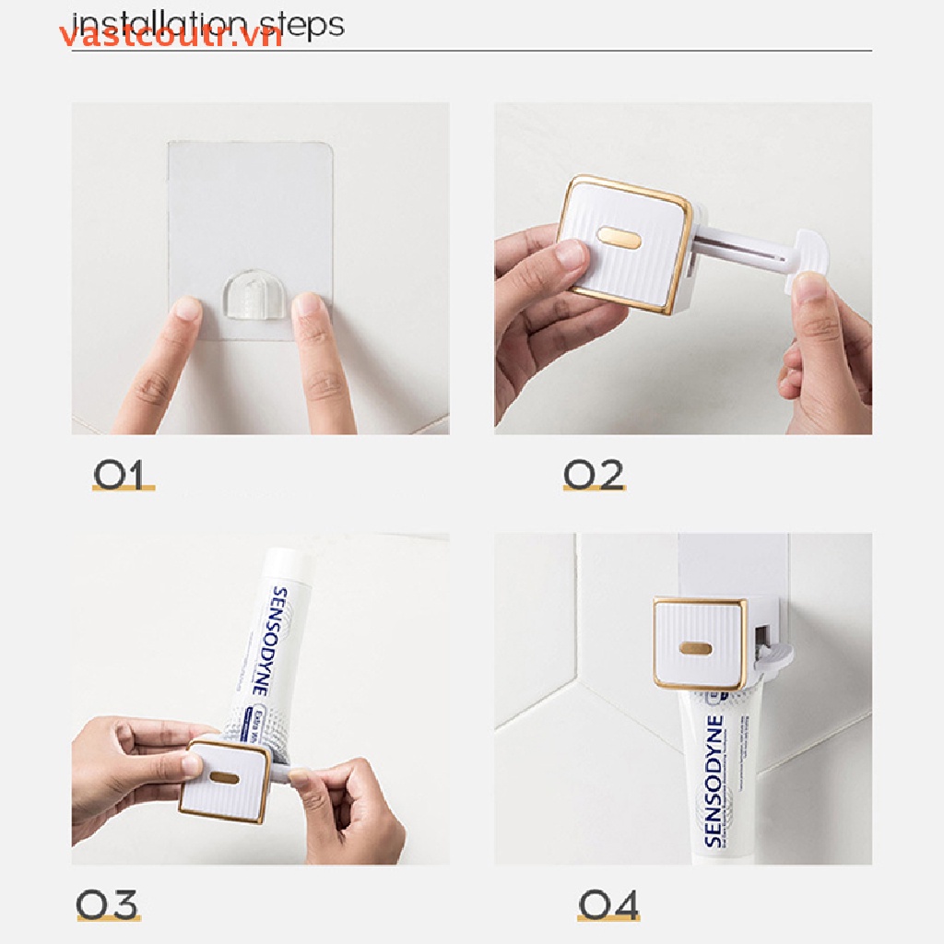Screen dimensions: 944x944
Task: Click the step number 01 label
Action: (x=122, y=475)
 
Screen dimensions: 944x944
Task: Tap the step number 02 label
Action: (x=594, y=475)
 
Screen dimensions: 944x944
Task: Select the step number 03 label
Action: (x=108, y=905)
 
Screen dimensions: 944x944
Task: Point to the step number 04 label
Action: (x=608, y=905)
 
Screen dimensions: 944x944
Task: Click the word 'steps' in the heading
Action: (x=301, y=23)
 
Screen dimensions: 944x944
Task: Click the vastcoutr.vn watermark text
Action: (x=171, y=36)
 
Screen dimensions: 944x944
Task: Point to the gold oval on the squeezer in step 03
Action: (x=222, y=778)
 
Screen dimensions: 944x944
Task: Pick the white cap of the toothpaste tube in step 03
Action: (x=289, y=563)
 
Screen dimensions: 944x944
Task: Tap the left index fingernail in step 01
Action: (x=188, y=309)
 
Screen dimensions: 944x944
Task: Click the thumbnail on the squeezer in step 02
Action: (x=572, y=254)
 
